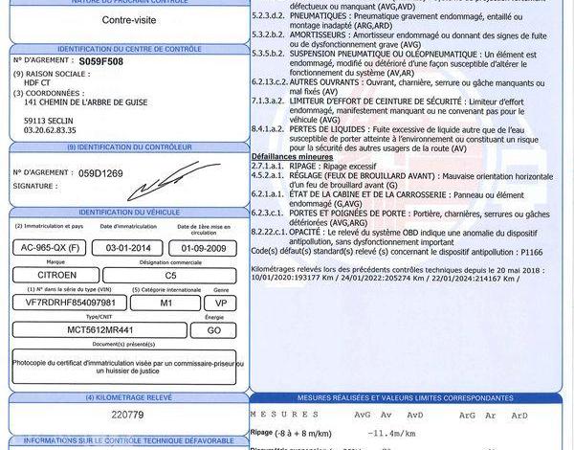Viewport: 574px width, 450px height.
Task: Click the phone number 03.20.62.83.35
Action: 50,129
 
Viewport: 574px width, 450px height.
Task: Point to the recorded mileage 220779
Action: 126,415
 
